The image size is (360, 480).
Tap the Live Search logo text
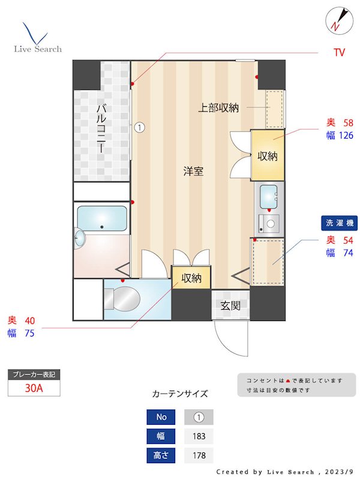pos(38,49)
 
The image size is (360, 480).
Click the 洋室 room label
pos(193,172)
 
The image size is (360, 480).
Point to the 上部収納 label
pos(219,108)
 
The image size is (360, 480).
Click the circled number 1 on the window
pos(139,127)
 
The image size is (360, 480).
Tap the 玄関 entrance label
pos(230,305)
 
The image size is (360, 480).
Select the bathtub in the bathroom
pos(102,218)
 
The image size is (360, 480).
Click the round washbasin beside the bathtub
pos(80,239)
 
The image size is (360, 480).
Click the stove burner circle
pos(271,224)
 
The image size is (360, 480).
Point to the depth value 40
pos(29,320)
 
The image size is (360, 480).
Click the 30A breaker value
pos(34,388)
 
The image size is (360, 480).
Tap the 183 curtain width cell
pos(198,436)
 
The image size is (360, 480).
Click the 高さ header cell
pos(161,455)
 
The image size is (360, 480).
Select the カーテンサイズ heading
pos(180,394)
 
